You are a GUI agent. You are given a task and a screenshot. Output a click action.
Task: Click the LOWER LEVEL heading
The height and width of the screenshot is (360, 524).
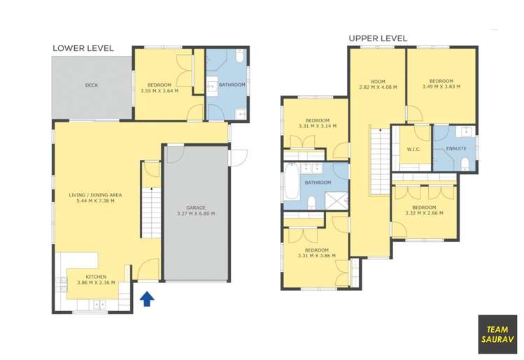pyautogui.click(x=83, y=48)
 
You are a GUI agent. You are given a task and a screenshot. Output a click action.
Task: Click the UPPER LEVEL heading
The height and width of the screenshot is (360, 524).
pyautogui.click(x=377, y=38)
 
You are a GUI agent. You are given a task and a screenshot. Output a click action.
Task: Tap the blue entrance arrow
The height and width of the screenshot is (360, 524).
pyautogui.click(x=147, y=299)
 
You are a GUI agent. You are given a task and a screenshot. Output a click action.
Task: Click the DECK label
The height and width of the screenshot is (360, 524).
pyautogui.click(x=91, y=85)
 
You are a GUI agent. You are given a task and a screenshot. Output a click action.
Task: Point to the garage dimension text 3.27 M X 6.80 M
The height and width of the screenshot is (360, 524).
pyautogui.click(x=195, y=214)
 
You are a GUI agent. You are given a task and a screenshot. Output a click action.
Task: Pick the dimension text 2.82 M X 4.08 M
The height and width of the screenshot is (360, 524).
pyautogui.click(x=377, y=87)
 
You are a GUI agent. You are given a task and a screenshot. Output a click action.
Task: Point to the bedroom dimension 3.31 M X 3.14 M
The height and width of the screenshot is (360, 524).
pyautogui.click(x=317, y=127)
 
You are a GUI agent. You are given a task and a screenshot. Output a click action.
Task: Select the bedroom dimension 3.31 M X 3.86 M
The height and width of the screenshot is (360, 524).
pyautogui.click(x=317, y=256)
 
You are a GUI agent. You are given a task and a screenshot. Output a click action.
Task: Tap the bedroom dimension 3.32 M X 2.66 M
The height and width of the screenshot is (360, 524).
pyautogui.click(x=423, y=213)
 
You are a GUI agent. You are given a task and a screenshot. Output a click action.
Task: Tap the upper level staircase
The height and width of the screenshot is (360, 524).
pyautogui.click(x=378, y=154)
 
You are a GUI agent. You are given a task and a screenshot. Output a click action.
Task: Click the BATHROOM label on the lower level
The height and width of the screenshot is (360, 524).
pyautogui.click(x=232, y=85)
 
